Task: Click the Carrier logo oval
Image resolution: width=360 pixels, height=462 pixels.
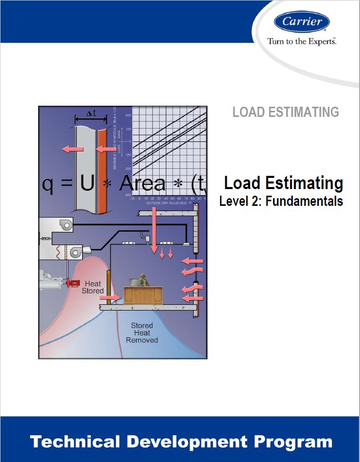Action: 302,21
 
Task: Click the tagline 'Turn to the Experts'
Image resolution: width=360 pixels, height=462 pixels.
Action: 302,41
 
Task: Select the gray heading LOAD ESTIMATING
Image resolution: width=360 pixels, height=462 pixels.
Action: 285,112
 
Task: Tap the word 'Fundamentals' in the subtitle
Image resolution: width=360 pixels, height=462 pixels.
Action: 312,201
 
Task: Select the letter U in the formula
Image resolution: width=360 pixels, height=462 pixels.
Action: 87,184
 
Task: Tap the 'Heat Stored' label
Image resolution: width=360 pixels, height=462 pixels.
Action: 93,287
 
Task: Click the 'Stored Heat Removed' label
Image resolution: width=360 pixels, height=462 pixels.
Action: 142,332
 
